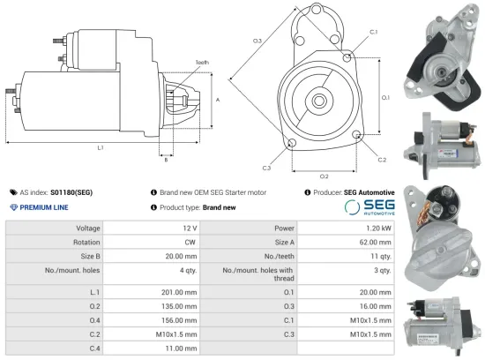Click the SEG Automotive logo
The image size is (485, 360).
click(x=368, y=207)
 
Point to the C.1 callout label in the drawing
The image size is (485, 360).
click(x=373, y=32)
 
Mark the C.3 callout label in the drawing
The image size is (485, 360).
click(x=266, y=167)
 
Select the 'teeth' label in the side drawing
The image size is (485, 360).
click(x=202, y=63)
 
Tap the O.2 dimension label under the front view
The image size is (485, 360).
click(x=324, y=176)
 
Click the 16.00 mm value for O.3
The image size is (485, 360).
click(x=375, y=305)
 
